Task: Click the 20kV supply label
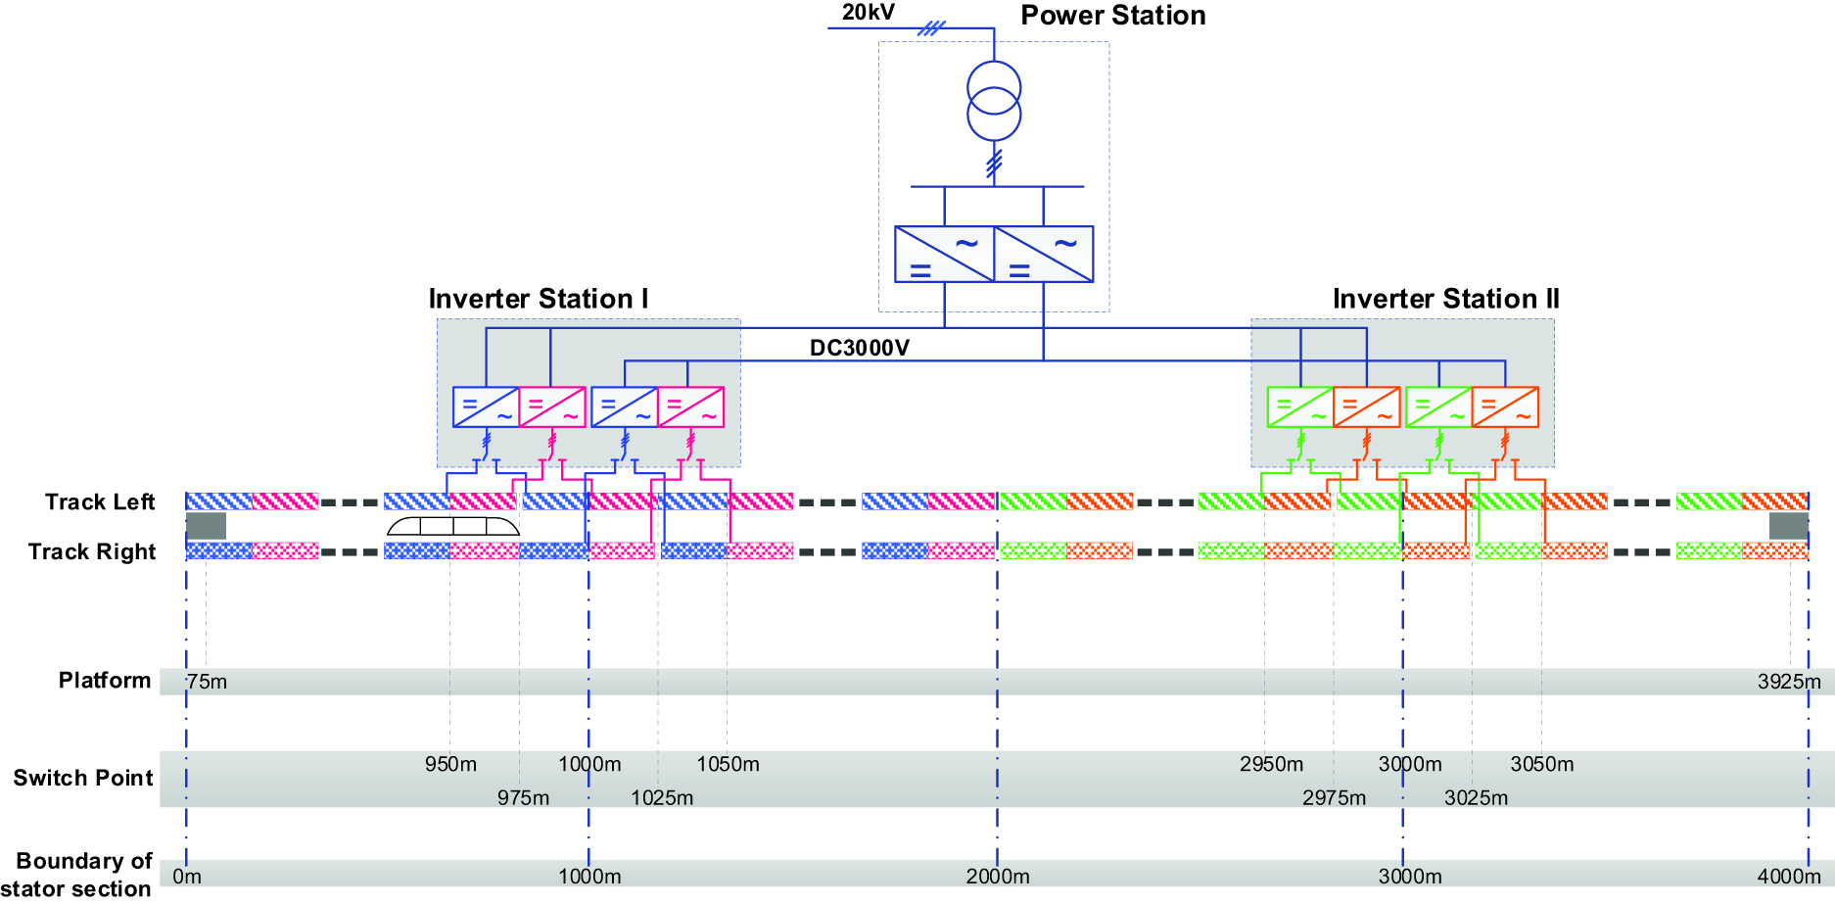tap(868, 13)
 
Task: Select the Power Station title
tap(1112, 16)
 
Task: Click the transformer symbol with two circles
tap(994, 101)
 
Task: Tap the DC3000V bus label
tap(859, 348)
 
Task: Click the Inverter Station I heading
tap(539, 299)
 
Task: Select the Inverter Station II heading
tap(1445, 299)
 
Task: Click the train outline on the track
tap(453, 526)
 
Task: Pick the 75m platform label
tap(207, 682)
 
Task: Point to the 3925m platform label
tap(1789, 682)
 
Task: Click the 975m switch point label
tap(523, 797)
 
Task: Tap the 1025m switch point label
tap(662, 797)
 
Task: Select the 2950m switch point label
tap(1271, 764)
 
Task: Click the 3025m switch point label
tap(1476, 797)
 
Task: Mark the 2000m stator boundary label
tap(998, 877)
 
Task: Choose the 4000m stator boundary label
tap(1789, 877)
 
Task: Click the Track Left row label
tap(100, 502)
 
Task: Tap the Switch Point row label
tap(83, 779)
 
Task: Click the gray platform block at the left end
tap(207, 526)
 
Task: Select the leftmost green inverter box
tap(1300, 407)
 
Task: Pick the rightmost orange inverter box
tap(1505, 407)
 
